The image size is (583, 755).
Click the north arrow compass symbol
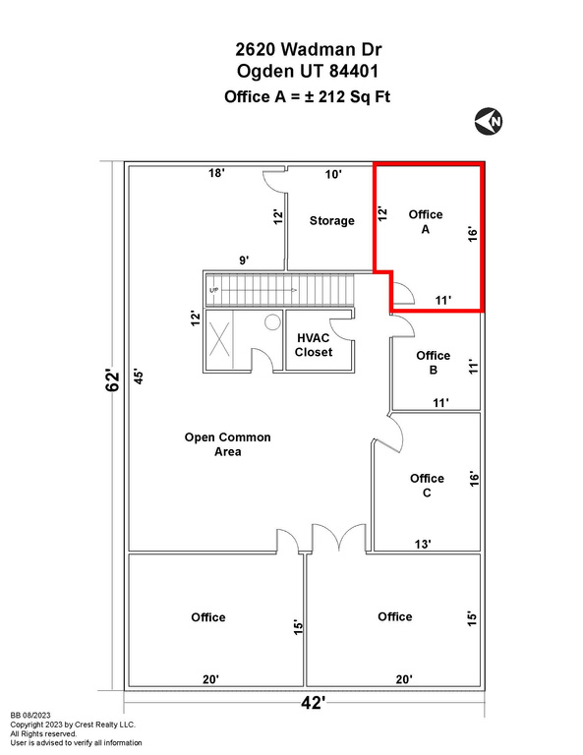[x=489, y=121]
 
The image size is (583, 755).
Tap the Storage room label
[x=331, y=220]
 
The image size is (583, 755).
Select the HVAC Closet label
[x=314, y=345]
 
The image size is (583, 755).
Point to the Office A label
[x=426, y=221]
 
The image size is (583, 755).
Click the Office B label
[x=434, y=363]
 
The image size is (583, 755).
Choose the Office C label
[x=427, y=486]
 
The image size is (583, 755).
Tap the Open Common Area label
[x=228, y=444]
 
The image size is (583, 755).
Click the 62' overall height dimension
[x=114, y=380]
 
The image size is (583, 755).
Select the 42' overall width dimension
[x=313, y=703]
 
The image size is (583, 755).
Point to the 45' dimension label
[x=139, y=377]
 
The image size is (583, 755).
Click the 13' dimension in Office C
[x=423, y=544]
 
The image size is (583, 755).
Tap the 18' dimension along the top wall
[x=216, y=173]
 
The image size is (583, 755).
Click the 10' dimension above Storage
[x=333, y=174]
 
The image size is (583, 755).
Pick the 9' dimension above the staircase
[x=244, y=261]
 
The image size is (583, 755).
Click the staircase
[x=280, y=290]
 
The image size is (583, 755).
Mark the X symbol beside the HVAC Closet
[x=219, y=339]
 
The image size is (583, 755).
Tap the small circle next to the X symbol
[x=272, y=322]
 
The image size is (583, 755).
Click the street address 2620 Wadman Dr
[x=309, y=49]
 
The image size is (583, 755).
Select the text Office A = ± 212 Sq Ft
[x=307, y=96]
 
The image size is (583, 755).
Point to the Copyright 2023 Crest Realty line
[x=73, y=725]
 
